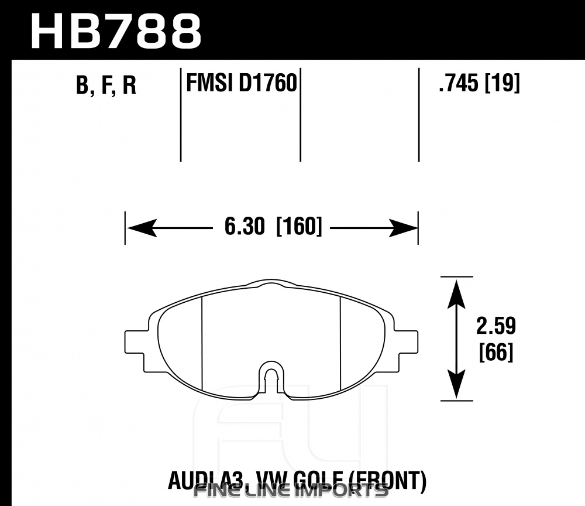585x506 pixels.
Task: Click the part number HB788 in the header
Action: (x=116, y=32)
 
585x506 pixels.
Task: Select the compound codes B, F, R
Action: (x=106, y=85)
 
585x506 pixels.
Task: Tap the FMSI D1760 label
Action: (x=242, y=83)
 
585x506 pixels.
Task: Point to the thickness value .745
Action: (x=459, y=83)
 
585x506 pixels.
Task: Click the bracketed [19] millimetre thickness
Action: (x=502, y=83)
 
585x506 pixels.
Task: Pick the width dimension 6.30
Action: (x=245, y=226)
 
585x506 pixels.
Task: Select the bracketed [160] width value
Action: (x=299, y=226)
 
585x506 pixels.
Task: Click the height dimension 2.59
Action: (x=496, y=326)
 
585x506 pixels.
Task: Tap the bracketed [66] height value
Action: (x=496, y=352)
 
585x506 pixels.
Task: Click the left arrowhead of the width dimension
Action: (x=141, y=228)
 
